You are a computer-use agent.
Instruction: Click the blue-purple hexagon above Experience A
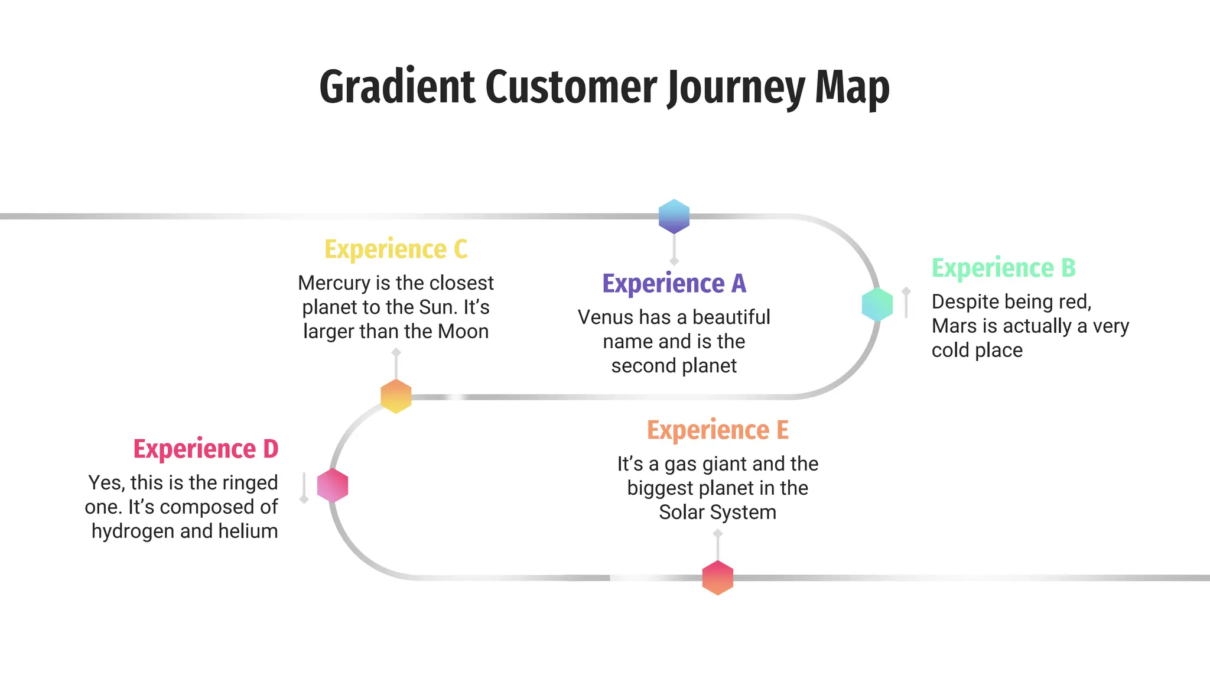pyautogui.click(x=674, y=216)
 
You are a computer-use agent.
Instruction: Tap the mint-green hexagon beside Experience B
pyautogui.click(x=877, y=304)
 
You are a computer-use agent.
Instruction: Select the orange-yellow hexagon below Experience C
pyautogui.click(x=396, y=396)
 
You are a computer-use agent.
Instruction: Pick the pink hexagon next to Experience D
pyautogui.click(x=333, y=485)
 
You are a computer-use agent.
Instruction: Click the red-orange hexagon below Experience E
pyautogui.click(x=718, y=578)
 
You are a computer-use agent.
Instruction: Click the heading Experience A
pyautogui.click(x=674, y=284)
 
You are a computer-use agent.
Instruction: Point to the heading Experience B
pyautogui.click(x=1003, y=268)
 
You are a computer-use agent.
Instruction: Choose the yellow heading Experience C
pyautogui.click(x=396, y=249)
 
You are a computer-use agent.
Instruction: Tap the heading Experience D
pyautogui.click(x=206, y=449)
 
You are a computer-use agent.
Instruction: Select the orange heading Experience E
pyautogui.click(x=718, y=430)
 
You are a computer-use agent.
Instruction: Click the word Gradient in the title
pyautogui.click(x=397, y=87)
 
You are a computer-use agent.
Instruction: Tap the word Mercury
pyautogui.click(x=334, y=283)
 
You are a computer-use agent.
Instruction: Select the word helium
pyautogui.click(x=248, y=531)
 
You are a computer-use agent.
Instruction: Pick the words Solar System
pyautogui.click(x=718, y=513)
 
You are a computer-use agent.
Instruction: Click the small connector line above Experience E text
pyautogui.click(x=718, y=545)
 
